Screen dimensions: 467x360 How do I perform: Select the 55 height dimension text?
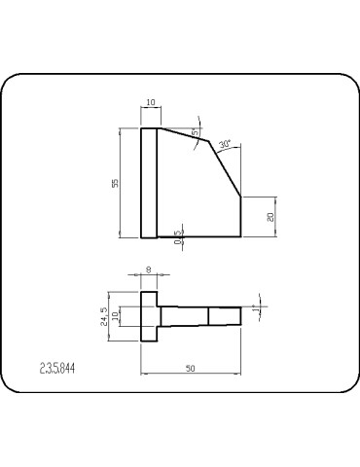115,183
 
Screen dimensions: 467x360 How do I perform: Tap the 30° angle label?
224,144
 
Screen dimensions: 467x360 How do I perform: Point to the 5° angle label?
195,131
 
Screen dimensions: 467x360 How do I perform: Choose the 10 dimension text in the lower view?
116,317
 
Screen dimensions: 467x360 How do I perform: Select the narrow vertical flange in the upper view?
149,183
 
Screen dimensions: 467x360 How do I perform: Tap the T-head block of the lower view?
149,317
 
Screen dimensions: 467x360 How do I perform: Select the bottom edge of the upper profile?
195,237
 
